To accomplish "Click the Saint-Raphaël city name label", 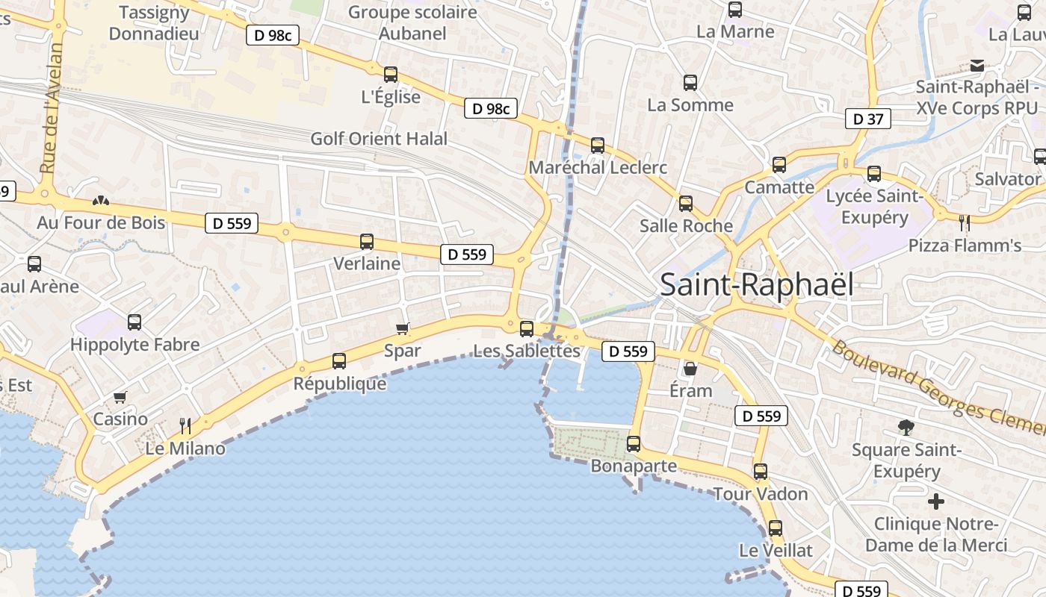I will (757, 285).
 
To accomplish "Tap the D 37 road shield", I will (868, 119).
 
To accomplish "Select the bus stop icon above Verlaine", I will (367, 242).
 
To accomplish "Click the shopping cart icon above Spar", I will (403, 328).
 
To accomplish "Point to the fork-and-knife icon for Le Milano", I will (185, 426).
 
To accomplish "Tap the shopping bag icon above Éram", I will (690, 369).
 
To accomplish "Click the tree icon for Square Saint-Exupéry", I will (906, 428).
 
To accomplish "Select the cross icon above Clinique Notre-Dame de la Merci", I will (935, 501).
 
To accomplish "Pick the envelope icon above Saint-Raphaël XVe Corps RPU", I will (977, 66).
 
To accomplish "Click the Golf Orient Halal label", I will (379, 139).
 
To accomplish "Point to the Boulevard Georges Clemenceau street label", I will (938, 388).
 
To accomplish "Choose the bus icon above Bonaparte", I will (634, 444).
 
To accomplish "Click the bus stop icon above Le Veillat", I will (776, 528).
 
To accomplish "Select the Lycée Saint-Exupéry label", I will (874, 207).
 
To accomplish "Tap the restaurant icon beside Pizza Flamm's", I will (964, 222).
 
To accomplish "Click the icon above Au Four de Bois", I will (100, 201).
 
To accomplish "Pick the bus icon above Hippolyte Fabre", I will (134, 322).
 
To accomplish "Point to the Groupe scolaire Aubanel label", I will (412, 22).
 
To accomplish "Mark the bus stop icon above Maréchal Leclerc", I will (598, 146).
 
